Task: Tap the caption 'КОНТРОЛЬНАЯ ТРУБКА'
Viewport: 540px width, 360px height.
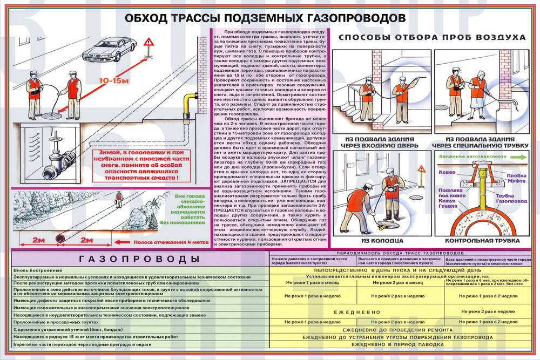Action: (477, 241)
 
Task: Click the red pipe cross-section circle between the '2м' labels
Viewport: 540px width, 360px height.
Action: (61, 239)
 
